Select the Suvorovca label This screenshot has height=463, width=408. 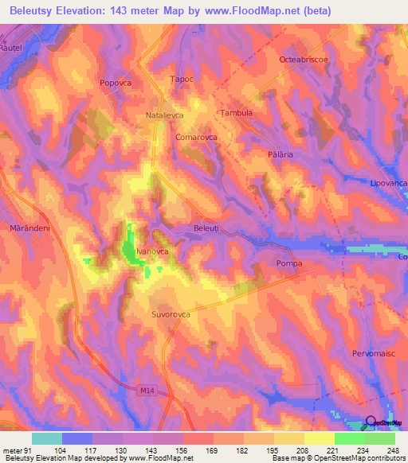tap(171, 315)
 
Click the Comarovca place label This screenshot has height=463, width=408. tap(197, 137)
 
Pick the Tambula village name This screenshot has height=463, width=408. tap(236, 113)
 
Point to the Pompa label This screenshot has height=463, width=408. tap(289, 263)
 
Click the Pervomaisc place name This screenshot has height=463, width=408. tap(374, 352)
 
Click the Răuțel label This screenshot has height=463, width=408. tap(13, 49)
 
